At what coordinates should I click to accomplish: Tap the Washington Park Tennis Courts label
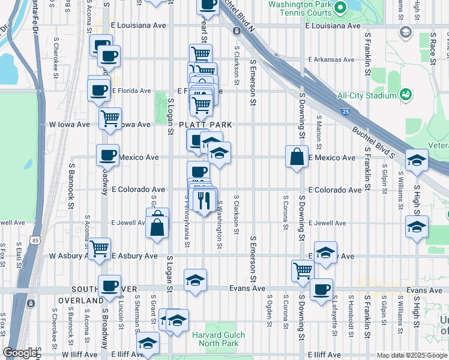click(300, 8)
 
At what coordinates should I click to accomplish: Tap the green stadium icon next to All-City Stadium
click(406, 95)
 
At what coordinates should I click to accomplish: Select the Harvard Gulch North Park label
click(215, 339)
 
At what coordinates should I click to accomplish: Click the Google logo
click(20, 353)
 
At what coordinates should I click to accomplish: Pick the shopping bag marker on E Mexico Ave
click(297, 157)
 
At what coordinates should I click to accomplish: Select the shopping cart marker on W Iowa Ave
click(110, 118)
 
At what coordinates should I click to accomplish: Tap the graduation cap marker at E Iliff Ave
click(146, 344)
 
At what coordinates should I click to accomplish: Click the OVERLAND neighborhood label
click(81, 300)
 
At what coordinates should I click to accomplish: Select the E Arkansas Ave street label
click(331, 59)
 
